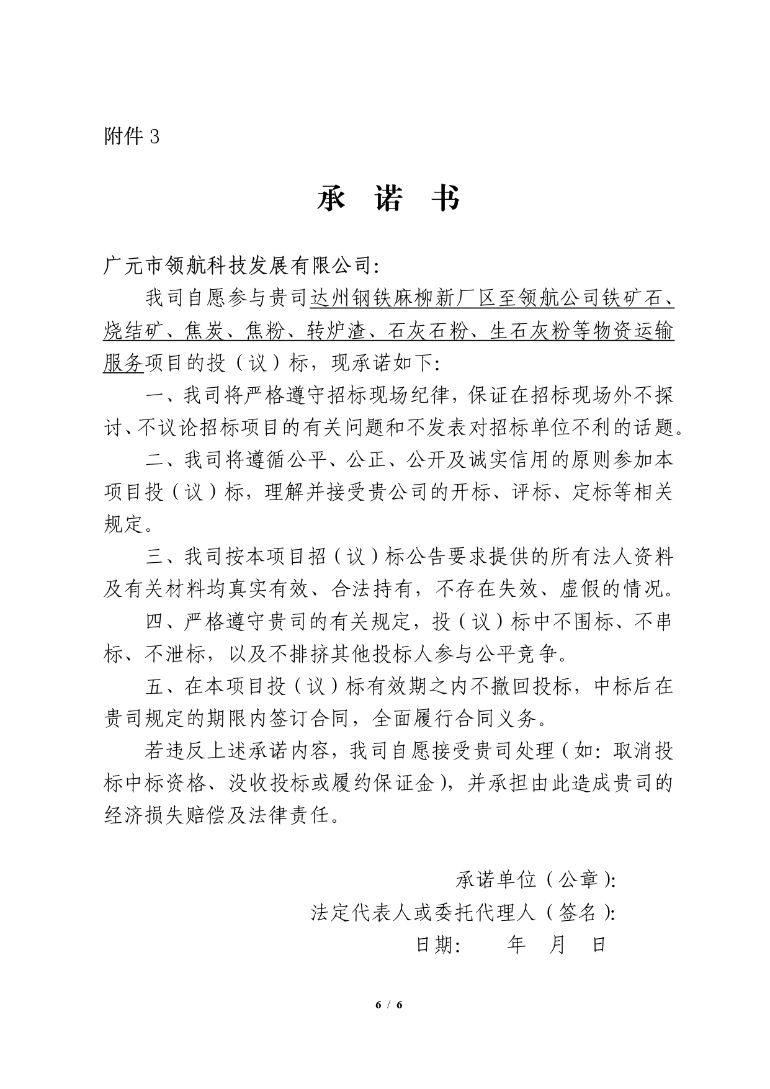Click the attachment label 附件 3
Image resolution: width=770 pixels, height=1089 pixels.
(132, 136)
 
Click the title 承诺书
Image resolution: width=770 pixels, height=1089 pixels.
(388, 199)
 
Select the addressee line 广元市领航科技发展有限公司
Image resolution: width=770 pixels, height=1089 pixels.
(242, 266)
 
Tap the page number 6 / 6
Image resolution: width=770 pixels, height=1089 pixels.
(389, 1005)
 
